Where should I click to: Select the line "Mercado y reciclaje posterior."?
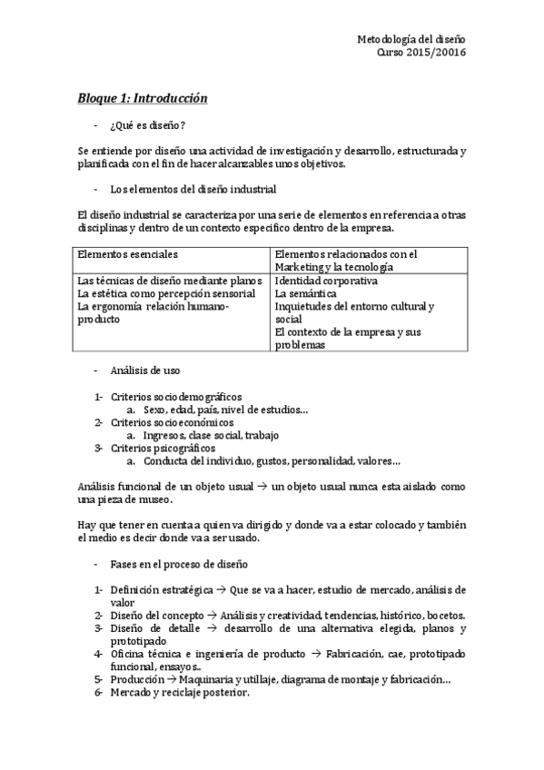(180, 692)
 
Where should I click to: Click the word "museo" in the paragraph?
(153, 499)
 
